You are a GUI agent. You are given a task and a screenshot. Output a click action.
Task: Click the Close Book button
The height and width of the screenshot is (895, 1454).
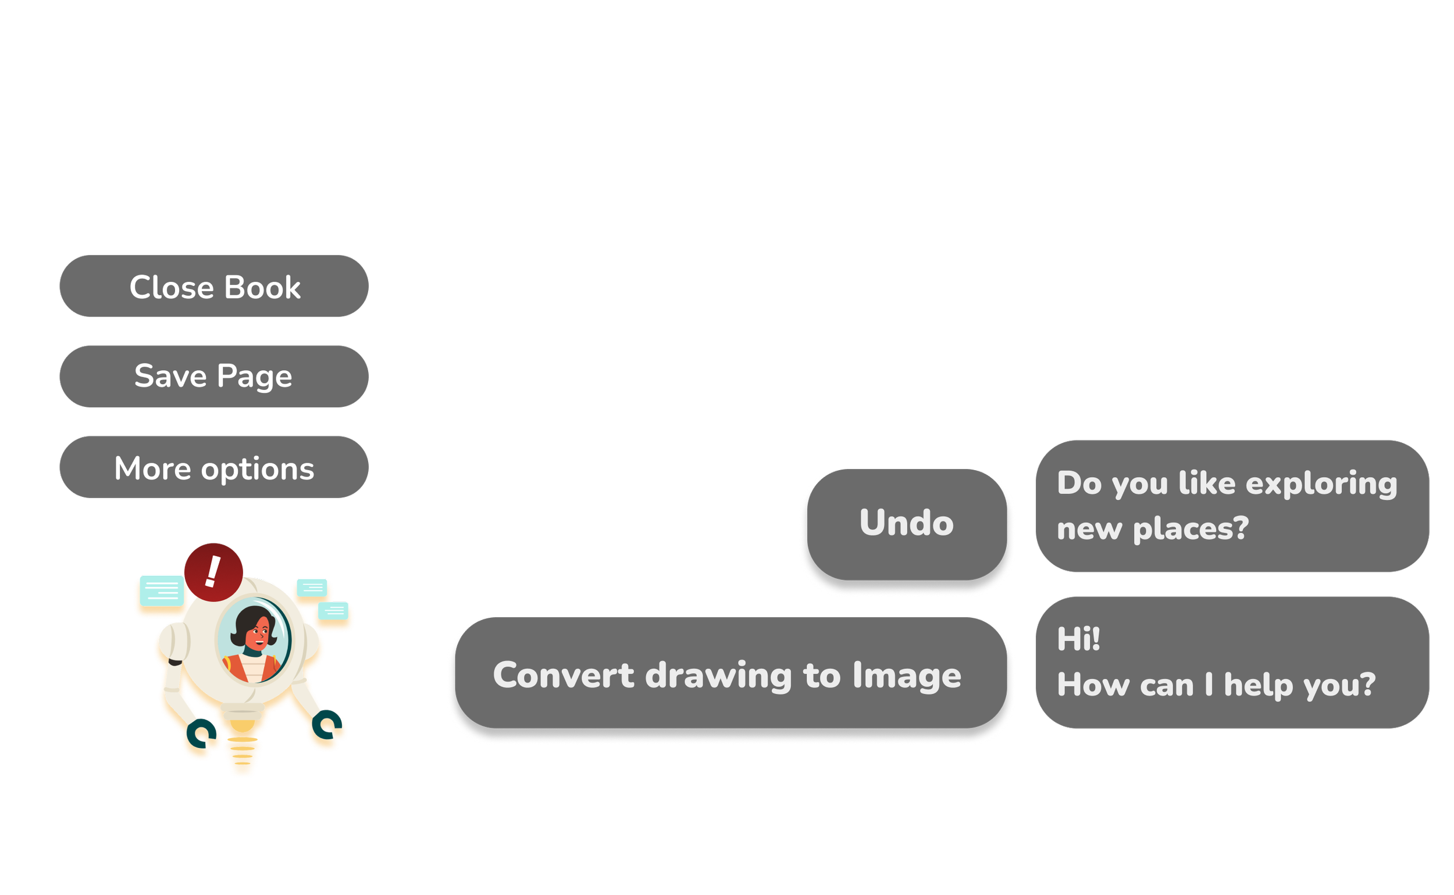(x=214, y=287)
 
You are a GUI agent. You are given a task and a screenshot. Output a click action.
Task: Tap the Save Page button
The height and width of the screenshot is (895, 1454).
(x=214, y=377)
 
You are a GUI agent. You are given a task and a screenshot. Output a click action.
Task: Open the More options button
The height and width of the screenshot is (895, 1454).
(x=214, y=468)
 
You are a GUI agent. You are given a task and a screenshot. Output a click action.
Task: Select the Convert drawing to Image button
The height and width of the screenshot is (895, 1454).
(x=728, y=675)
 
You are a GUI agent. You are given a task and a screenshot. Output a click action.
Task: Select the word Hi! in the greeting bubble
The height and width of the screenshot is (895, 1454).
(x=1078, y=639)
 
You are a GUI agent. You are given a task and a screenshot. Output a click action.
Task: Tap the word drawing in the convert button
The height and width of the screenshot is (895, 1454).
(x=718, y=675)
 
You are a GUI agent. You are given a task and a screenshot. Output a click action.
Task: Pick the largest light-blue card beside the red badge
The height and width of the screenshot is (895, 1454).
(x=161, y=589)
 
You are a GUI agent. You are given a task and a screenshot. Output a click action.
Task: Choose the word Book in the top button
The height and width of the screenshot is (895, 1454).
(x=262, y=287)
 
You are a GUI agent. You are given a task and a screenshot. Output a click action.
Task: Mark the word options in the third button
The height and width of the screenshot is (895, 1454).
(x=257, y=469)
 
